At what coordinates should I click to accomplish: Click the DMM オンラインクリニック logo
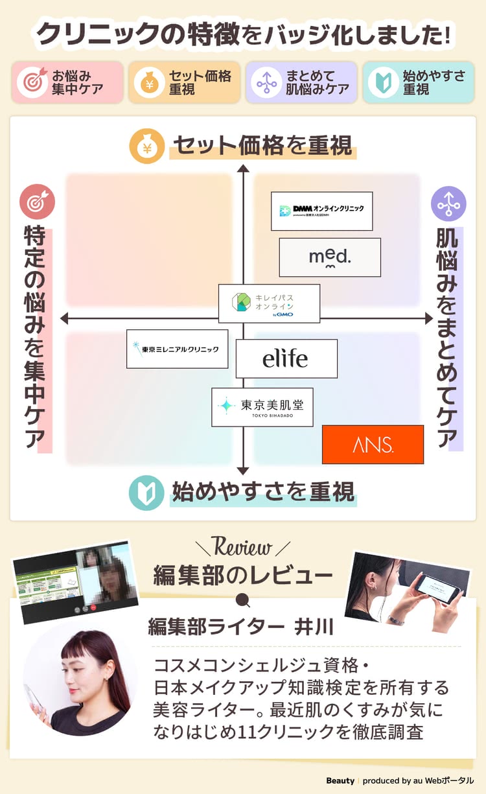[321, 211]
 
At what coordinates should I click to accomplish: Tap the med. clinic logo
[330, 257]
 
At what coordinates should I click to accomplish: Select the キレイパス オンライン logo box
[269, 303]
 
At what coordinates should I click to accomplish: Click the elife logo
[286, 358]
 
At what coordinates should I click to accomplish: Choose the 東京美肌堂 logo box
[262, 407]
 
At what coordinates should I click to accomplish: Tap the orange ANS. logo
[373, 445]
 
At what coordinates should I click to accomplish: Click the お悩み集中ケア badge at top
[67, 82]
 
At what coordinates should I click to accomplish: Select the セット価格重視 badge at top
[184, 82]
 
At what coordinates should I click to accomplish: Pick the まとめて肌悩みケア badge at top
[301, 82]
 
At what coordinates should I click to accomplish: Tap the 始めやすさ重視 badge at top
[418, 82]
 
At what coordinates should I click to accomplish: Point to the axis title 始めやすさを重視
[262, 492]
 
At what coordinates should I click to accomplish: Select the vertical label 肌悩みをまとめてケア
[448, 337]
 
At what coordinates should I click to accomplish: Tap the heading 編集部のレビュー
[243, 574]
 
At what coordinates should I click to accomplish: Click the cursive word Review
[242, 548]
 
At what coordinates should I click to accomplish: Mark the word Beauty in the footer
[340, 780]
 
